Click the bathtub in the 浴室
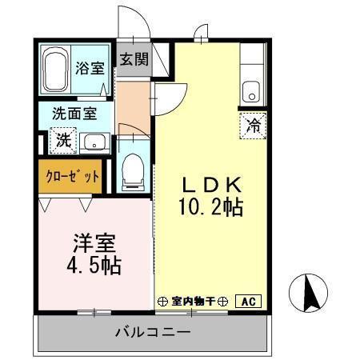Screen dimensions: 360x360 click(x=56, y=70)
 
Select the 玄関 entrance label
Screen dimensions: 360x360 click(x=134, y=59)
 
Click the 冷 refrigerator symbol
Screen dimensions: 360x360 click(x=253, y=126)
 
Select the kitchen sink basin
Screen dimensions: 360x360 click(x=253, y=92)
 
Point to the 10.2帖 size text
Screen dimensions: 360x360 click(x=210, y=207)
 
